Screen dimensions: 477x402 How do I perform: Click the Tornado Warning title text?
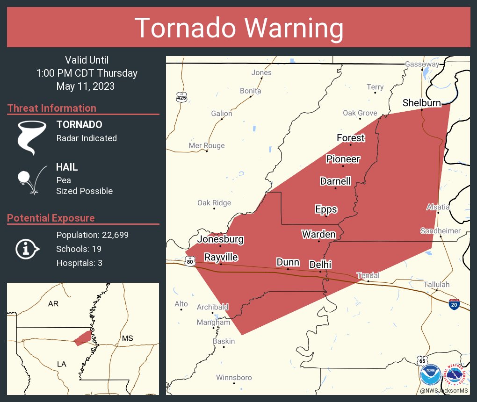point(238,28)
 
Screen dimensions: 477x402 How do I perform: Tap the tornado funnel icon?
point(31,137)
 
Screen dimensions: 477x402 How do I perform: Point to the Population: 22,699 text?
point(92,235)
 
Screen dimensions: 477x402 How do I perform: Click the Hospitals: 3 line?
point(79,263)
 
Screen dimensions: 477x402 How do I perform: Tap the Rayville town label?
point(221,257)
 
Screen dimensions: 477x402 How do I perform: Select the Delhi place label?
point(320,265)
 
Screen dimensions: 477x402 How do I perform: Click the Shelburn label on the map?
point(422,103)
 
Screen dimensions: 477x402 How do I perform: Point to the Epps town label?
point(326,209)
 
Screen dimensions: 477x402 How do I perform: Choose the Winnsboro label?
point(234,377)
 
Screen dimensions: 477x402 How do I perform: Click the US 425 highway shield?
point(181,97)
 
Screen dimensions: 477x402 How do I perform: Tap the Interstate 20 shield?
point(454,304)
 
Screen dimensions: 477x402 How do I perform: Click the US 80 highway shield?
point(189,262)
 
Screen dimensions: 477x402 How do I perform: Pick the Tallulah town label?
point(436,284)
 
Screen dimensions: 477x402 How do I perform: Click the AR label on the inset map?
point(53,304)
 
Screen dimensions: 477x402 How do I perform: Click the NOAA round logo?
point(430,375)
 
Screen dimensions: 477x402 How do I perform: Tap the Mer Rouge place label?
point(207,145)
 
